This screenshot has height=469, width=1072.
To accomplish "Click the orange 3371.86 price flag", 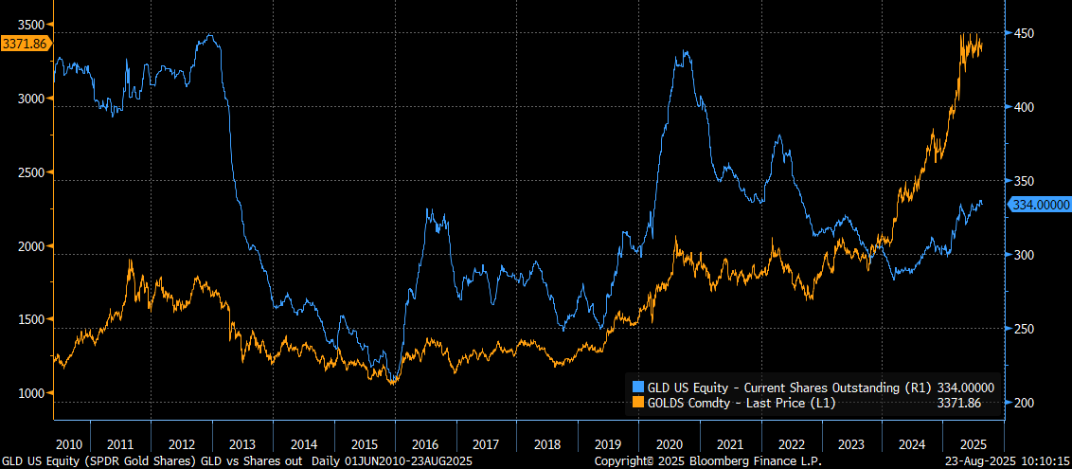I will click(26, 43).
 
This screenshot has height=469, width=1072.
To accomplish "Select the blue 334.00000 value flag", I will click(1040, 205).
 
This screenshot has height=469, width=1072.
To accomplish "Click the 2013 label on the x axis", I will click(242, 443).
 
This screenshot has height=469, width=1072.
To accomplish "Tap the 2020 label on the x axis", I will click(670, 443).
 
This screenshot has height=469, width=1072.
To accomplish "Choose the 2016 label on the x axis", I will click(426, 443).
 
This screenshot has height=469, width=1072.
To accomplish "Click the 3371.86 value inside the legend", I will click(958, 403).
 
